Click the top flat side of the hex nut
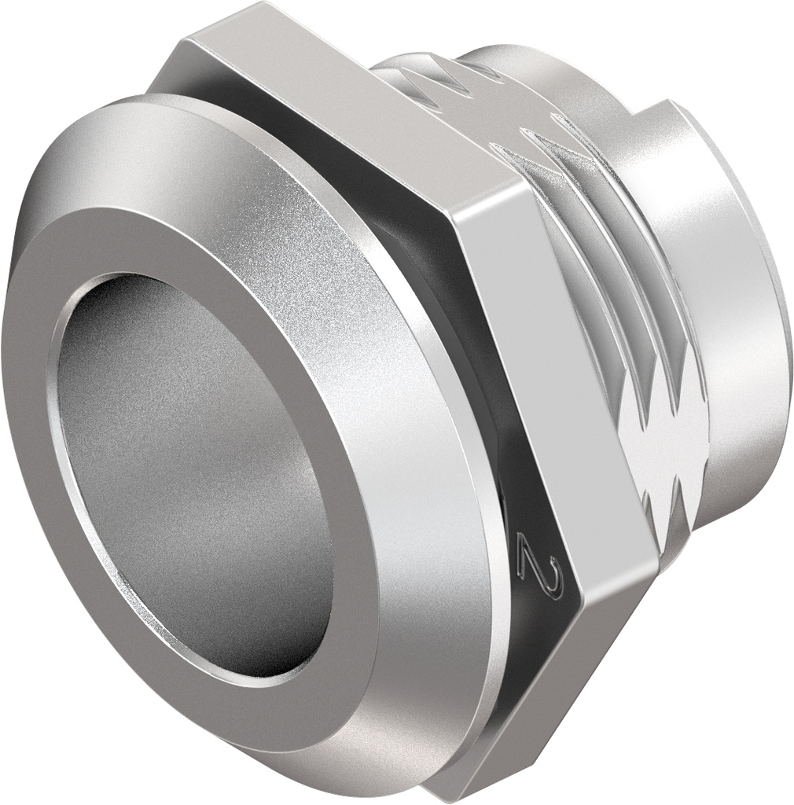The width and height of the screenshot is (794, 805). [330, 102]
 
